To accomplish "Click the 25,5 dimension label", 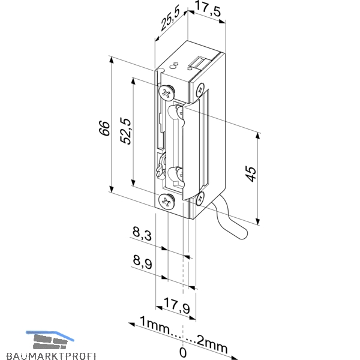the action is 170,20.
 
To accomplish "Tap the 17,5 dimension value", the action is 208,10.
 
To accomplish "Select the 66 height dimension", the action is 104,128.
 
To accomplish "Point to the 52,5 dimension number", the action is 126,131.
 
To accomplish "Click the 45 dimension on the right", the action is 250,174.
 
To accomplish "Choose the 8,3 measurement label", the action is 142,233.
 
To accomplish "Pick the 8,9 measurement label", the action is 142,262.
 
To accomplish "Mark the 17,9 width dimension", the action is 177,305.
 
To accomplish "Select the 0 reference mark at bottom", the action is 183,352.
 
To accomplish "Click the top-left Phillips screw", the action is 166,93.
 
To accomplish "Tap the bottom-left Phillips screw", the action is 166,202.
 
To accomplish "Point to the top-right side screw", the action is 200,89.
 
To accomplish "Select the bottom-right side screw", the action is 200,199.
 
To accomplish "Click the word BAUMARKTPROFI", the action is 51,356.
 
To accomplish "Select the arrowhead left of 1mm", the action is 131,324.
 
